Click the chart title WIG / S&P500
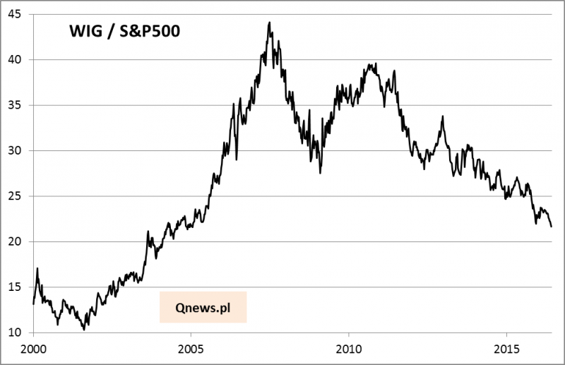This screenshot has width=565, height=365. (x=119, y=33)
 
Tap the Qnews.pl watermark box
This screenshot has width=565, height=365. (x=203, y=307)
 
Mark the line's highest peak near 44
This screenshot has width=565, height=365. (x=269, y=23)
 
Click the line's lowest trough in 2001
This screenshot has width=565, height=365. (x=84, y=330)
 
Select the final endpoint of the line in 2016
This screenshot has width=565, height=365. (x=552, y=227)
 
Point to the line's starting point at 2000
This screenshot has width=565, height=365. (x=33, y=304)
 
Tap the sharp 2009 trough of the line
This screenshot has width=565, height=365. (x=320, y=173)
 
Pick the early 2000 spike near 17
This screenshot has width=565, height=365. (x=37, y=268)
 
